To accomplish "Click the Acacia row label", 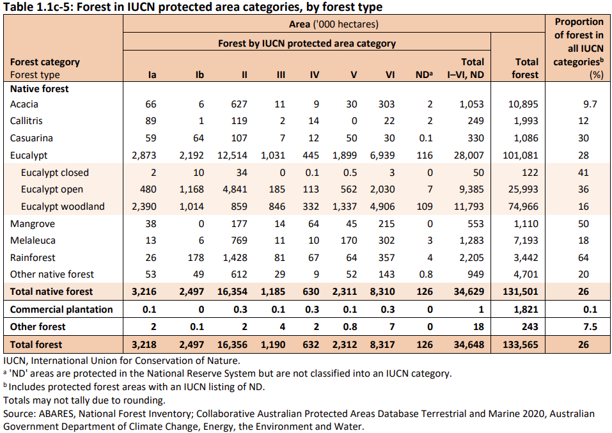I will coord(24,104).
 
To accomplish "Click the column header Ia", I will coord(152,75).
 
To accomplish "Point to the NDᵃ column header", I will coord(424,75).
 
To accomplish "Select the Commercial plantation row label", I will coord(61,309).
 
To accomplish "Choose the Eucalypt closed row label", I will coord(55,172).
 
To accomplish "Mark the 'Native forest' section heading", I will coord(40,89).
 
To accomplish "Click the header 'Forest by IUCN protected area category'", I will coord(307,43).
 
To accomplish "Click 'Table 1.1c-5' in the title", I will coord(37,7).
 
